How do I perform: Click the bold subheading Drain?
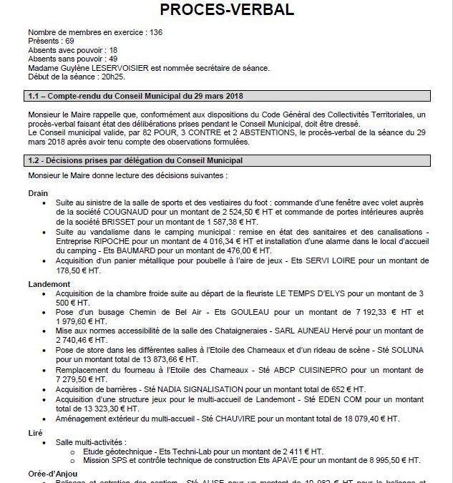(x=38, y=193)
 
